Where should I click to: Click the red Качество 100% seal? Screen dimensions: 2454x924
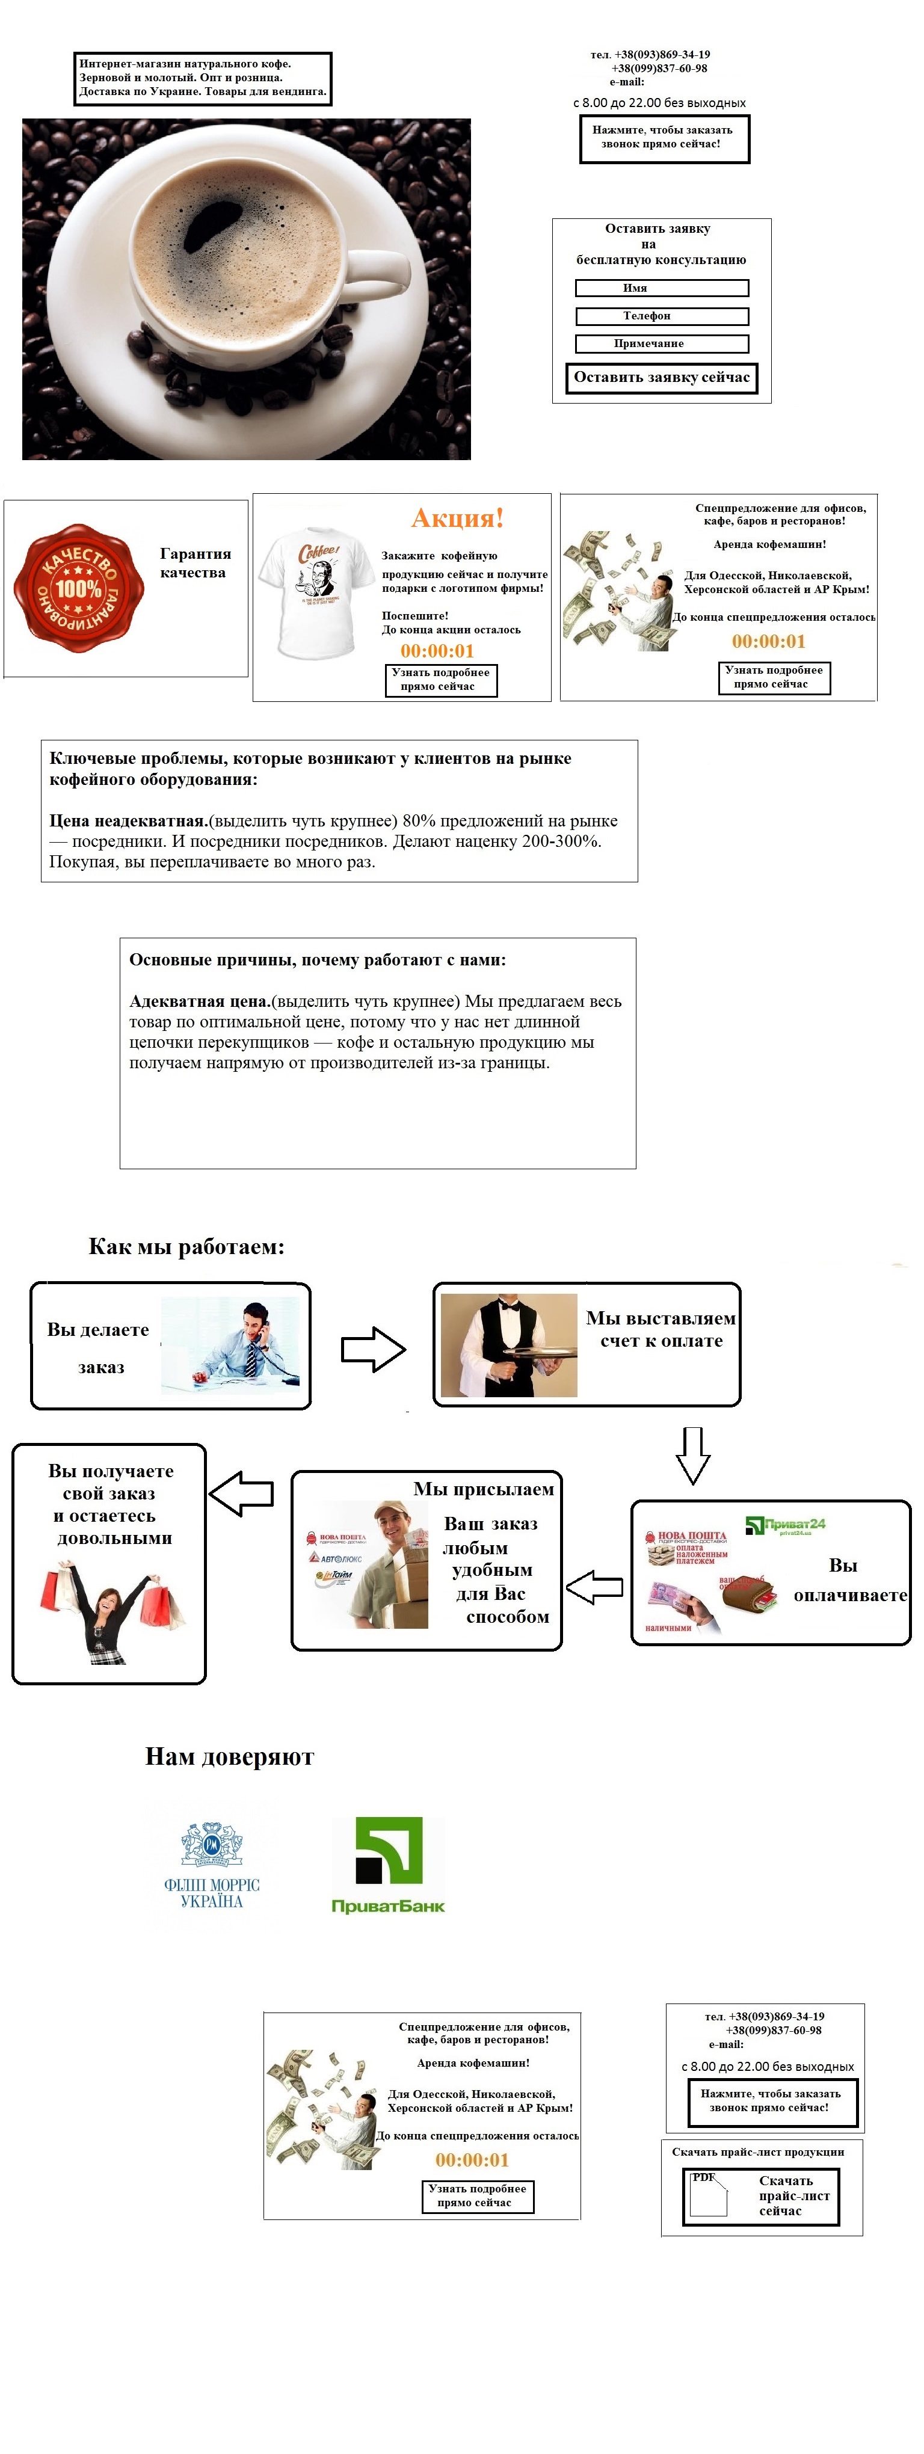(78, 588)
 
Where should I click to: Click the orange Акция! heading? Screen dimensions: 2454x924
(457, 518)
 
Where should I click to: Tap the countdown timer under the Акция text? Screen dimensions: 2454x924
(437, 651)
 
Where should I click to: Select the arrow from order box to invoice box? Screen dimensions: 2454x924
(374, 1349)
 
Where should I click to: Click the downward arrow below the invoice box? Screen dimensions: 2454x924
(692, 1455)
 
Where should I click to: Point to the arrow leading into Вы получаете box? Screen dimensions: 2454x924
(241, 1493)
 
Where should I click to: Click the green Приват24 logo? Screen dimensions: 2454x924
(785, 1525)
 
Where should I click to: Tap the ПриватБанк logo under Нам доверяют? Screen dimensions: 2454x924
(387, 1865)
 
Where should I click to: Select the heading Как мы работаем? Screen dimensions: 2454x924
(186, 1247)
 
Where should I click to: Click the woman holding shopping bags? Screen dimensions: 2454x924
(109, 1610)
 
